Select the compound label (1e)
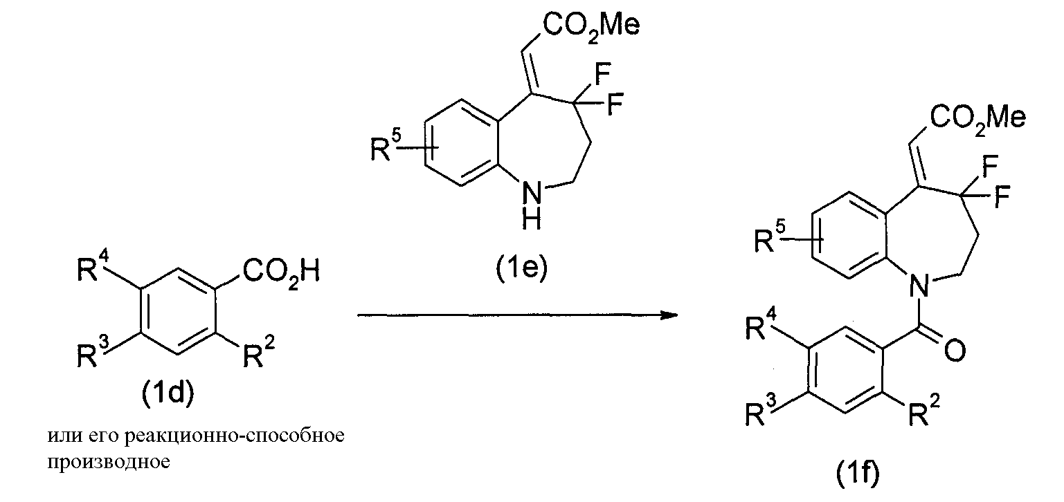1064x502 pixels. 521,268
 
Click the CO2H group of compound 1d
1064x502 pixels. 281,272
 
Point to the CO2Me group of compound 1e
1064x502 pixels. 591,26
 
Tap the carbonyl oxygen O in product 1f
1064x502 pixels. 955,351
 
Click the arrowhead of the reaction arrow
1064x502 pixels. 669,315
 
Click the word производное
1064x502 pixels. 108,462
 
